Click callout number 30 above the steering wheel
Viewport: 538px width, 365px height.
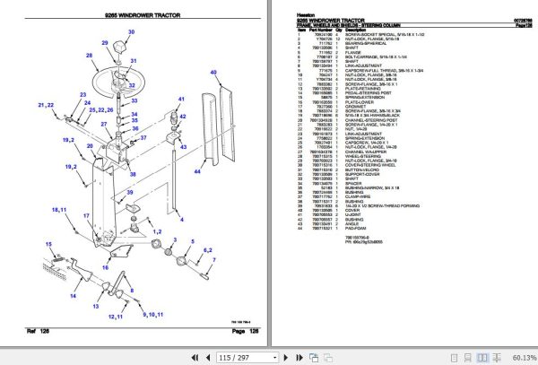(130, 33)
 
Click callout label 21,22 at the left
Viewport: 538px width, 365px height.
(45, 105)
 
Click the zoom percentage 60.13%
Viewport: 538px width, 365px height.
(520, 357)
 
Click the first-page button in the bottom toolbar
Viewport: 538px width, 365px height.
(189, 357)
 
